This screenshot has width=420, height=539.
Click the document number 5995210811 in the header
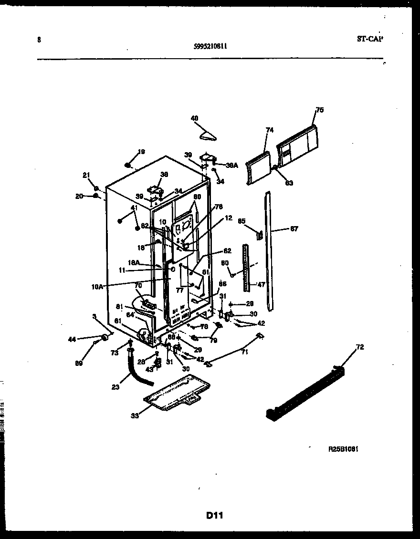pos(210,46)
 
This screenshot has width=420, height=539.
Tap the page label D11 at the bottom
pos(215,515)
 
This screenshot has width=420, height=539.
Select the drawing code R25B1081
pos(343,449)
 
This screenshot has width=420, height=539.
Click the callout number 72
pos(360,347)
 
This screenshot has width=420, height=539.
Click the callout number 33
pos(135,415)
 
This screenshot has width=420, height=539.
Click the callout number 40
pos(194,118)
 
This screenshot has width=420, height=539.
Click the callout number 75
pos(320,110)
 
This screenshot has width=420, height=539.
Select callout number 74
pos(270,130)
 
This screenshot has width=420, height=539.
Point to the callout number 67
pos(294,229)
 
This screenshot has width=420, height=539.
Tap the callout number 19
pos(141,152)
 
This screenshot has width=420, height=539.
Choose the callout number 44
pos(72,339)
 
